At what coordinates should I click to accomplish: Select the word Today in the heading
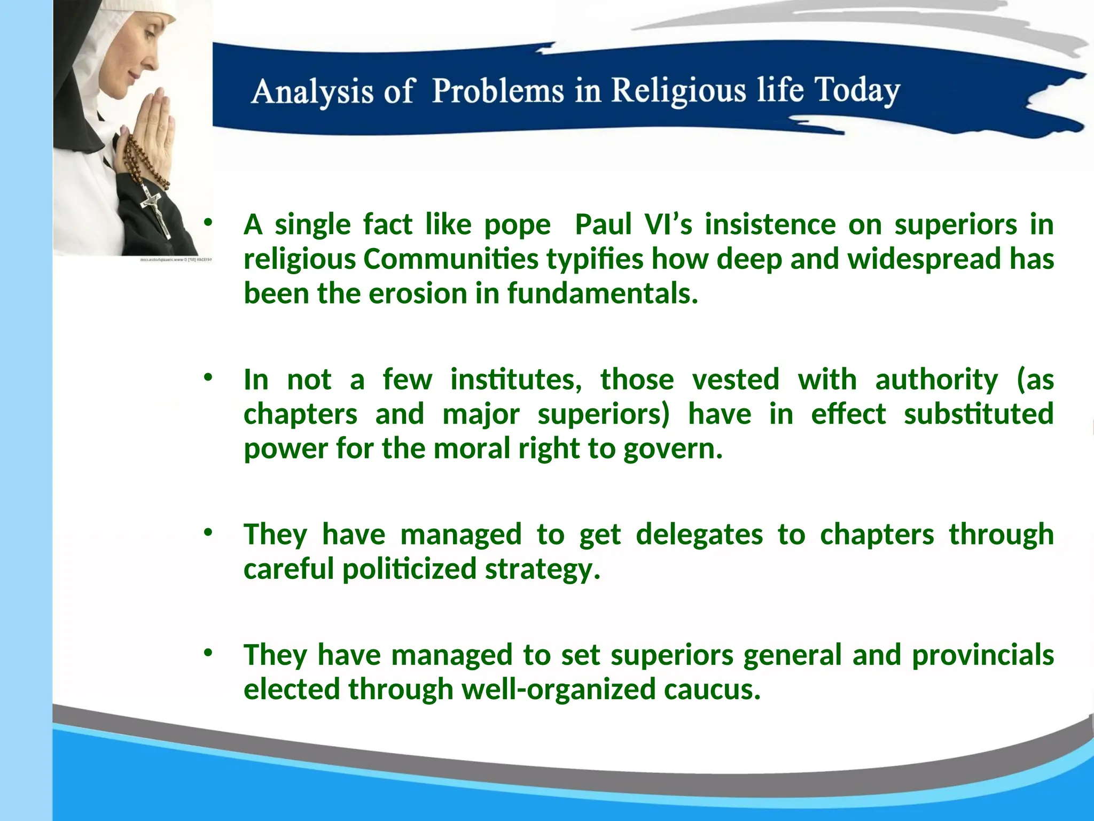point(857,91)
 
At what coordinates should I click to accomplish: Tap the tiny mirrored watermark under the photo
point(176,260)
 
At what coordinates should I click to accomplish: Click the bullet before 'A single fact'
point(208,222)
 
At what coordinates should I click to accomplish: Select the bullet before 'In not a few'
point(208,378)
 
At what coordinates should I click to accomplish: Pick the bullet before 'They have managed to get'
point(208,532)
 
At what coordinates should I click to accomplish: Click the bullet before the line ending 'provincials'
point(208,653)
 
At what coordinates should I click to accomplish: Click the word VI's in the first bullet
point(668,224)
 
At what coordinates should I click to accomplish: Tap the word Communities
point(451,259)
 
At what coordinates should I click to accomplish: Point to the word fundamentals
point(602,294)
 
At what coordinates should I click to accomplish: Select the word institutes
point(516,380)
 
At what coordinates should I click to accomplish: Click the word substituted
point(978,414)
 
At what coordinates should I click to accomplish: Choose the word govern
point(673,450)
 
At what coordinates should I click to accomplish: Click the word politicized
point(409,569)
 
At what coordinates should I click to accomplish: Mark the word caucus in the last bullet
point(712,690)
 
